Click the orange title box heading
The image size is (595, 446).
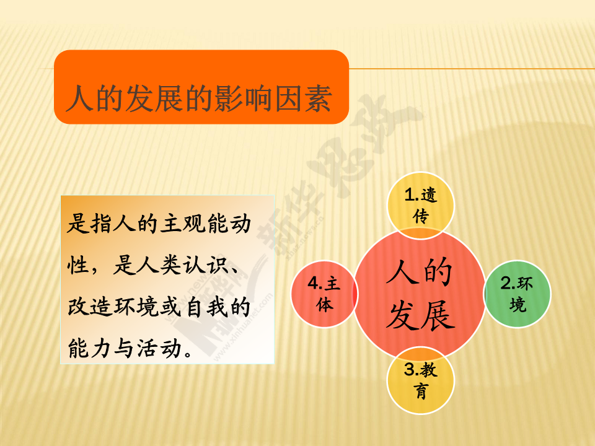201,87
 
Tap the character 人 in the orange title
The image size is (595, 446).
80,98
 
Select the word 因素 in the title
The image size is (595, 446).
304,98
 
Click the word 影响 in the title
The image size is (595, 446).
244,98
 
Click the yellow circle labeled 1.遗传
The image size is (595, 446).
420,206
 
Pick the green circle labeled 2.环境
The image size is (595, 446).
517,294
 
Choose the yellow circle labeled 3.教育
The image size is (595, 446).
420,380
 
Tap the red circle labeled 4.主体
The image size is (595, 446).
324,294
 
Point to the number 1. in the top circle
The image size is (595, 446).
412,195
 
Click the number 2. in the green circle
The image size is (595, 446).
508,283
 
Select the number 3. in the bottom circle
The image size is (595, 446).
412,370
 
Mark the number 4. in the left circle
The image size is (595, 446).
315,283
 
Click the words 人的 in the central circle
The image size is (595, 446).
420,271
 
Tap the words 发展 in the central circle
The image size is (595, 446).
420,315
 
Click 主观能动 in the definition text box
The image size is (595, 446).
205,224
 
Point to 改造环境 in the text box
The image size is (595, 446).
113,307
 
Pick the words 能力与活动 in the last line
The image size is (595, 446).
125,348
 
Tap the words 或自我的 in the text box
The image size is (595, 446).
205,307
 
